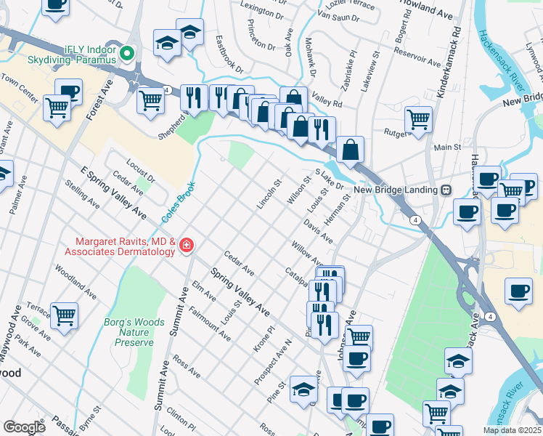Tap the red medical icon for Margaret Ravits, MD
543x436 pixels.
tap(187, 246)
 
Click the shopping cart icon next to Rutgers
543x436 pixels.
tap(418, 118)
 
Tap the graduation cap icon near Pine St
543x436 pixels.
tap(303, 389)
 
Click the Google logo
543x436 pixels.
tap(24, 427)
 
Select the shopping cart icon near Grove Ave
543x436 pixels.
tap(64, 315)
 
